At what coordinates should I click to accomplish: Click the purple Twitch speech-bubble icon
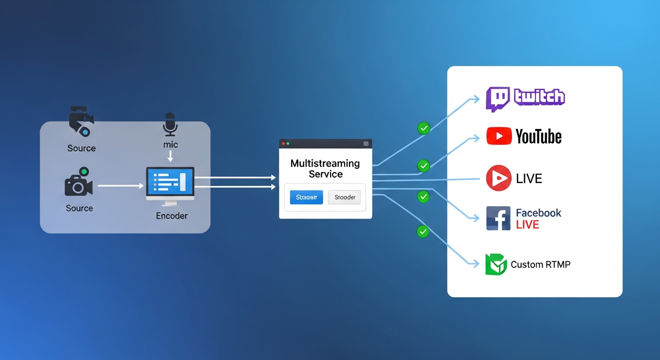[x=497, y=99]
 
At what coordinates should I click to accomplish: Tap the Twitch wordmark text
[x=539, y=97]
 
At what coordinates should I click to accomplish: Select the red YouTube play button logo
[x=499, y=136]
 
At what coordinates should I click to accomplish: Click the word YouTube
[x=538, y=136]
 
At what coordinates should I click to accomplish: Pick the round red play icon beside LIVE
[x=498, y=178]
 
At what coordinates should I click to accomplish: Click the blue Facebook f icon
[x=498, y=218]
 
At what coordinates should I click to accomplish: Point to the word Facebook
[x=538, y=213]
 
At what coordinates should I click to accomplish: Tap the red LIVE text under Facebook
[x=527, y=225]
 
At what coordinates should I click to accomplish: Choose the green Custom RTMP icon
[x=496, y=264]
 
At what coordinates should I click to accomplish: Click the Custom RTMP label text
[x=540, y=265]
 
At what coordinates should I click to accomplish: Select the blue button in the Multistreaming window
[x=307, y=197]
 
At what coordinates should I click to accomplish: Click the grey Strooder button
[x=345, y=197]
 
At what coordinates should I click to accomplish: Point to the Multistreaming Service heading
[x=325, y=169]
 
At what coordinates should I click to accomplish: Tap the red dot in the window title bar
[x=283, y=143]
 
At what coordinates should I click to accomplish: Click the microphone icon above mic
[x=170, y=124]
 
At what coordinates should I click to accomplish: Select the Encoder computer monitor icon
[x=170, y=185]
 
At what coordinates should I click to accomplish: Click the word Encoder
[x=172, y=216]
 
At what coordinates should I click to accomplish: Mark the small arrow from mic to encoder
[x=171, y=156]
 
